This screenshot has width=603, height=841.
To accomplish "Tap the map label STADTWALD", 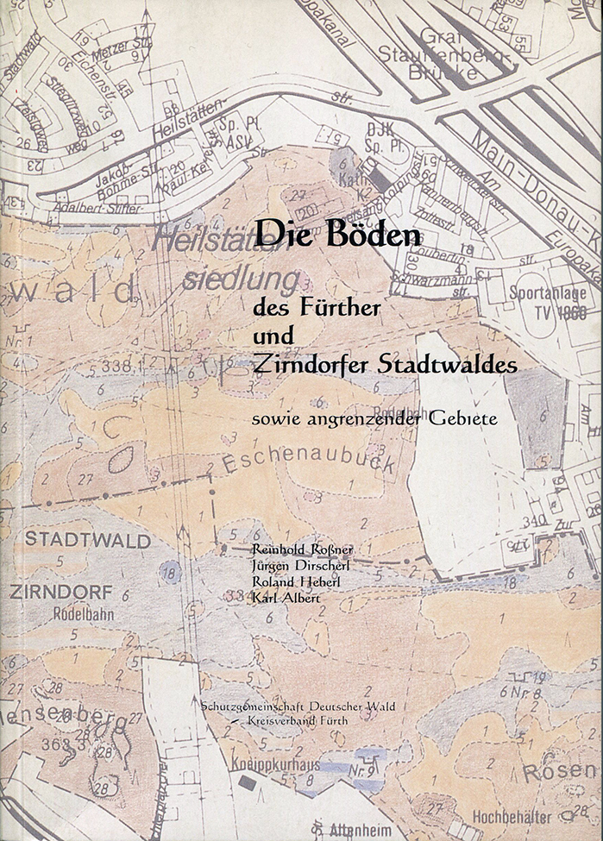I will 87,541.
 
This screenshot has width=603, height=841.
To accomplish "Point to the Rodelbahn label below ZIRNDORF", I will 79,616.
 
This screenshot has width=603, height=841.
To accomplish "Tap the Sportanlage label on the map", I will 547,292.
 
